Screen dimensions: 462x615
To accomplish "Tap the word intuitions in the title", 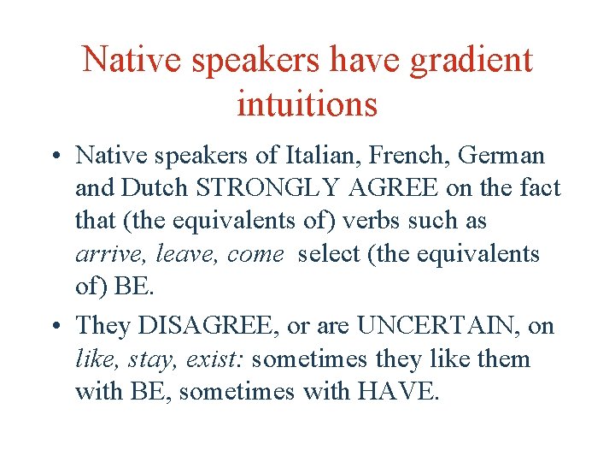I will (x=307, y=104).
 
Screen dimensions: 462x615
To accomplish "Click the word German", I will (x=504, y=156).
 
